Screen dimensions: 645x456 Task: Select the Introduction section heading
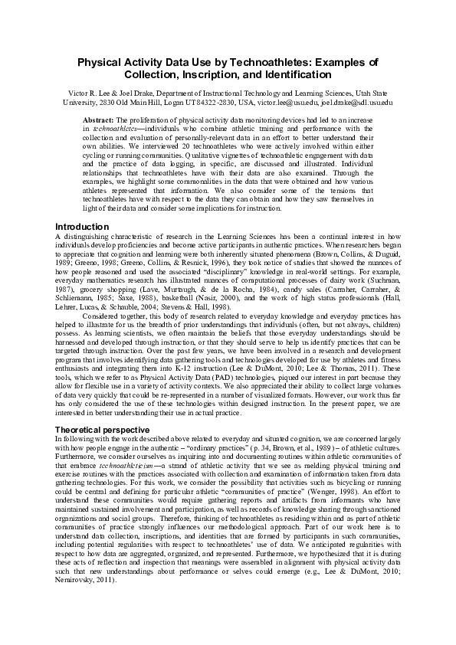pyautogui.click(x=83, y=227)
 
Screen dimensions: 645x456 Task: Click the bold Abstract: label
pyautogui.click(x=97, y=121)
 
